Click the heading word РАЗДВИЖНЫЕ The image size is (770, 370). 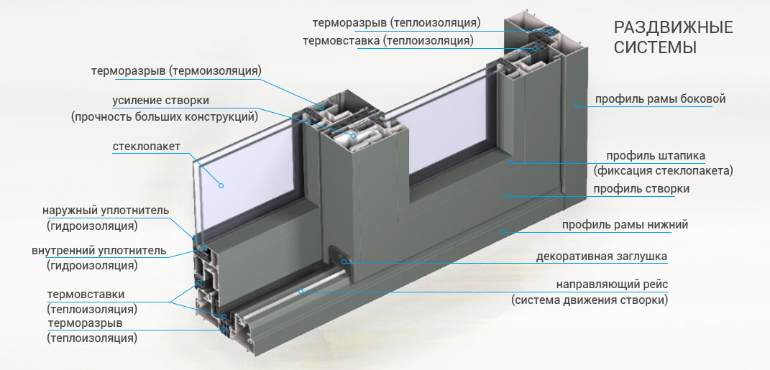(673, 29)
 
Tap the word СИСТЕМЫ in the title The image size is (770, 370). (655, 49)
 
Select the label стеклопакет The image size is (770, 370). (146, 147)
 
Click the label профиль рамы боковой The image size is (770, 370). (660, 99)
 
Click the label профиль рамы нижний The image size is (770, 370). (625, 225)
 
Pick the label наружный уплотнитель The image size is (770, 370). (106, 211)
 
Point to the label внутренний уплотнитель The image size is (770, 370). (99, 251)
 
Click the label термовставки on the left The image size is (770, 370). (86, 295)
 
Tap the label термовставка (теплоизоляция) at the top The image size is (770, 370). (388, 41)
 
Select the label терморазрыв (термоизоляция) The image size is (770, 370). (176, 71)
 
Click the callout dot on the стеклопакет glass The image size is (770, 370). (221, 185)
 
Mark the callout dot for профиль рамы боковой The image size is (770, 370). (575, 106)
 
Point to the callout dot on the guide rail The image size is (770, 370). (302, 291)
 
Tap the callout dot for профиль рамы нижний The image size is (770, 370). (503, 231)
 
